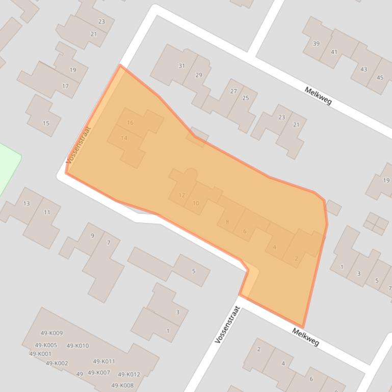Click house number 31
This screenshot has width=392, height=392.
tap(181, 66)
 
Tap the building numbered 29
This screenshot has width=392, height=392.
tap(199, 75)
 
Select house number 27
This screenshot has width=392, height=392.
tap(233, 91)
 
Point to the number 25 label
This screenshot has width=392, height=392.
tap(246, 98)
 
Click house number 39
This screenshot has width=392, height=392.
tap(316, 44)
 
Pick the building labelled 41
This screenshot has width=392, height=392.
tap(334, 52)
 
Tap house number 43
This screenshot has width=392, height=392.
tap(363, 69)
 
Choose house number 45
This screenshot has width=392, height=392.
tap(380, 77)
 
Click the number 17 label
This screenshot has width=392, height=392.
tap(65, 86)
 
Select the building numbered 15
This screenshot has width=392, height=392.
tap(46, 123)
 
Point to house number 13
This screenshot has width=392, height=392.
tap(27, 204)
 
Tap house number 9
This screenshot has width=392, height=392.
tap(92, 235)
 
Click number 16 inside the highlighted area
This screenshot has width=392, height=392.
tap(130, 123)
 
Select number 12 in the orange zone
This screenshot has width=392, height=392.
tap(182, 195)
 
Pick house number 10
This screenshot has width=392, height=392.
tap(196, 204)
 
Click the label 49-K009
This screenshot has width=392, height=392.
tap(51, 333)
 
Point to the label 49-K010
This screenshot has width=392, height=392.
tap(77, 346)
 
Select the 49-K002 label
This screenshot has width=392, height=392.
tap(57, 363)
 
